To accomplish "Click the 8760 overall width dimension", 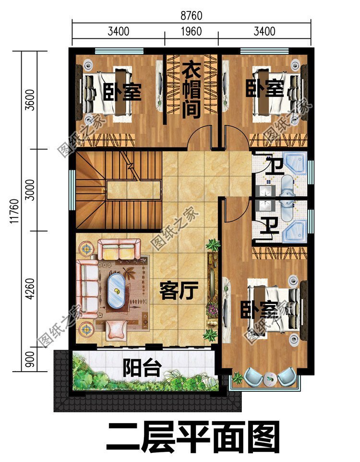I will [x=192, y=16].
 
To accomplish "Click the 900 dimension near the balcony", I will [x=31, y=360].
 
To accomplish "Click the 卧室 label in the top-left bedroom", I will [x=123, y=91].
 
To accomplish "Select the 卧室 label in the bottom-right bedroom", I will [x=259, y=310].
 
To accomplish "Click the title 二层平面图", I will [x=192, y=437].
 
